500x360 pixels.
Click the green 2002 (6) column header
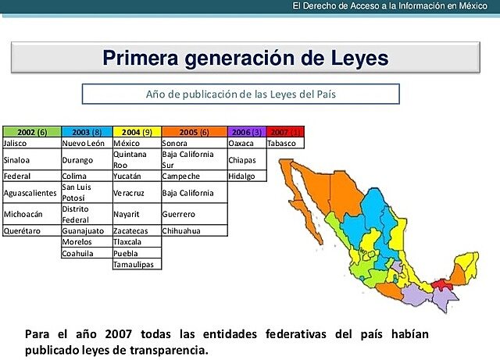[x=31, y=132]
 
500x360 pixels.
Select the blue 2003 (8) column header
[x=87, y=132]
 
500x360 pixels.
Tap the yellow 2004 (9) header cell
[x=137, y=132]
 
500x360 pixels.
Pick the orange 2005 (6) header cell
[x=194, y=132]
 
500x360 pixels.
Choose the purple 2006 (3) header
[x=246, y=132]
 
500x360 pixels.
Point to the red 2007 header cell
[x=285, y=132]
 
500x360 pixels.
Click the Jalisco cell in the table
[x=31, y=144]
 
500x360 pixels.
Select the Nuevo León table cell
[x=86, y=144]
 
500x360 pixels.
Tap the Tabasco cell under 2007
[x=285, y=144]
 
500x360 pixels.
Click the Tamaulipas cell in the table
[x=137, y=265]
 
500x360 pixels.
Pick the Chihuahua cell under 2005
[x=194, y=231]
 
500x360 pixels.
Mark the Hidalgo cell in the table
[x=246, y=176]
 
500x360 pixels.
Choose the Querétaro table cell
[x=31, y=231]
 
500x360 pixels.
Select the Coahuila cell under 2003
[x=86, y=253]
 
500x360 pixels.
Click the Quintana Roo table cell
[x=137, y=160]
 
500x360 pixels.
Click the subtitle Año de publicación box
[x=241, y=94]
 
